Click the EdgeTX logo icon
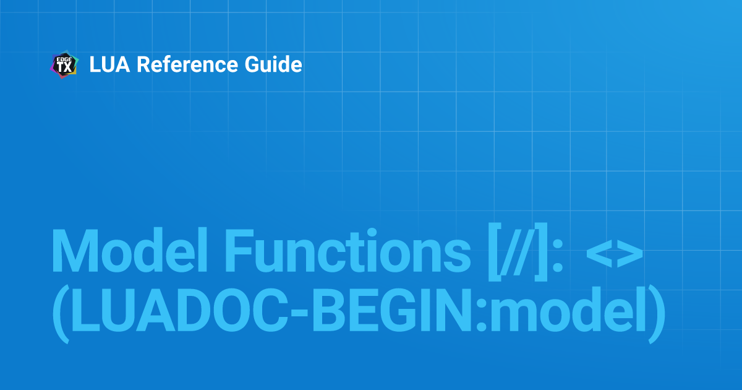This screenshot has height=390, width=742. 64,64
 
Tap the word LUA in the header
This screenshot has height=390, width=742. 109,64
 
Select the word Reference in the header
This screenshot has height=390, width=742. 187,64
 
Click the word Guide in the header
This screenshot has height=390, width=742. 273,64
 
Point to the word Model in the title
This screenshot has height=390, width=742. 129,251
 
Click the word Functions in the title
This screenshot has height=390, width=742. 348,251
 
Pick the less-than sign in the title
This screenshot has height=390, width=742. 600,253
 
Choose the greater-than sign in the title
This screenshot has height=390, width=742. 629,253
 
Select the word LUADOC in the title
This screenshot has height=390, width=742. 179,310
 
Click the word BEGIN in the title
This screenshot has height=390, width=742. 392,310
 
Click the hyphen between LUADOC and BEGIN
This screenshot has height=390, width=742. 300,314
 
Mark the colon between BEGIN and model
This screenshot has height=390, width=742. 481,314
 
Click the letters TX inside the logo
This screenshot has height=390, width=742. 64,67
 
